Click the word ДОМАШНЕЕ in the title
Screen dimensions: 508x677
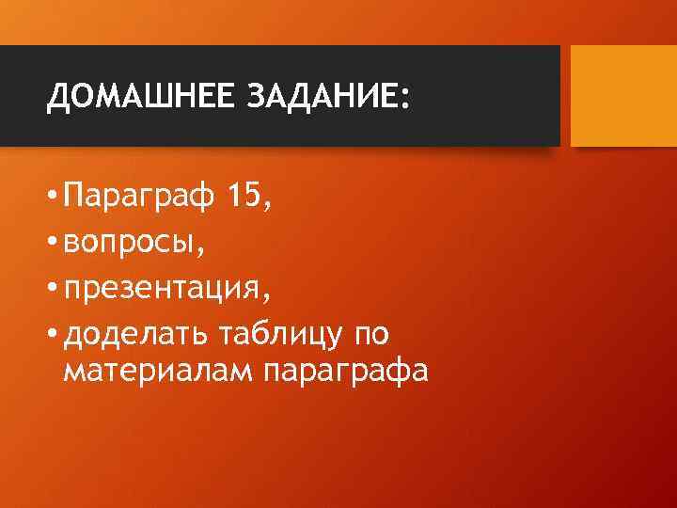tap(140, 96)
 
